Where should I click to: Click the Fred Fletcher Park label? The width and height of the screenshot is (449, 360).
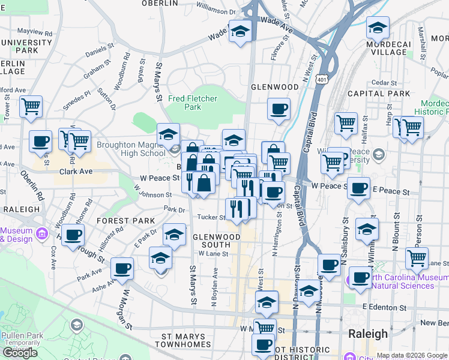click(184, 103)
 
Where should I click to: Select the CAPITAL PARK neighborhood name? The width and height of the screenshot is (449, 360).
click(378, 94)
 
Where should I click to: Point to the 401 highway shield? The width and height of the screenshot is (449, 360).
click(323, 79)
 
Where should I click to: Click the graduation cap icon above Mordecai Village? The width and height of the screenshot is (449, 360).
click(378, 28)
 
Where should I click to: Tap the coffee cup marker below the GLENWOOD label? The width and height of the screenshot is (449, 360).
click(279, 110)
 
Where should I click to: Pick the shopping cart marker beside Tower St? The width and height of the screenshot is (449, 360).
click(31, 107)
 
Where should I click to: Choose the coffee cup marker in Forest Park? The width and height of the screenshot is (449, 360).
click(73, 235)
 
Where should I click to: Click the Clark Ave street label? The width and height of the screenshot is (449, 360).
click(76, 171)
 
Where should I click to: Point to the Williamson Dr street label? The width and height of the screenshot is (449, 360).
click(216, 10)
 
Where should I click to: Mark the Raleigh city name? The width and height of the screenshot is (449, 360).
click(368, 334)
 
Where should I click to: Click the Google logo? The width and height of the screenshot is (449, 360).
click(20, 353)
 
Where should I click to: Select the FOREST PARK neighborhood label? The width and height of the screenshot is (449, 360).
click(125, 221)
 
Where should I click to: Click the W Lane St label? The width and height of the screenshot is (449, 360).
click(209, 253)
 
